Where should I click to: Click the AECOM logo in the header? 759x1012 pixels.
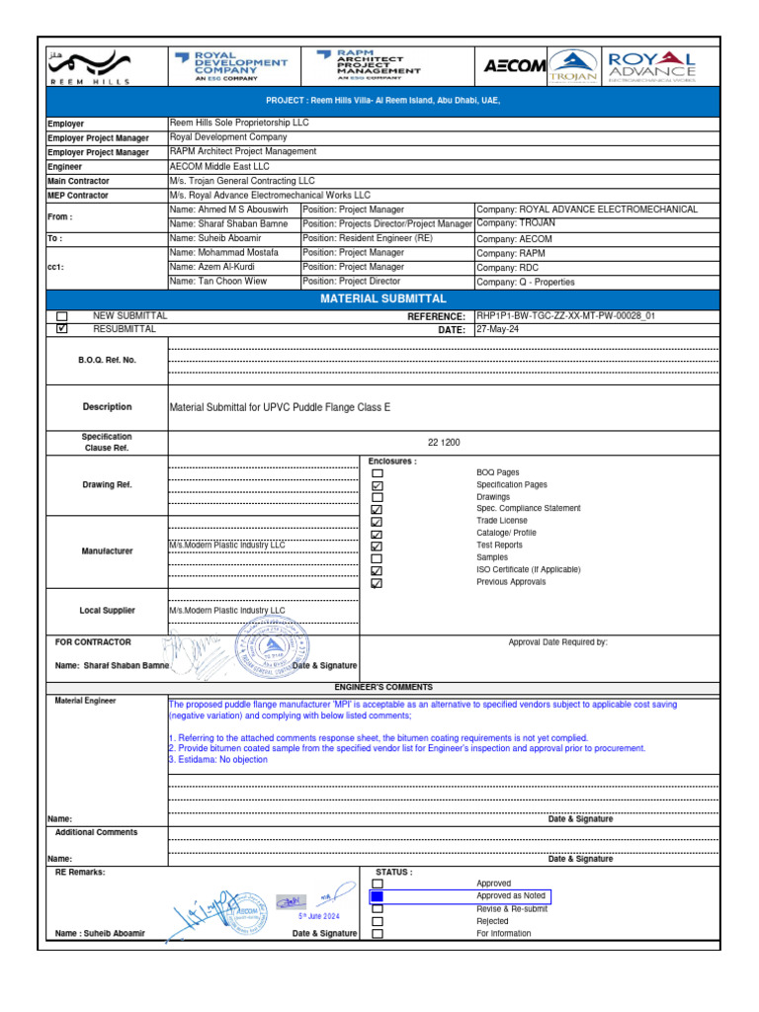point(514,66)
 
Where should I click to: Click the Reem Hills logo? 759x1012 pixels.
point(89,65)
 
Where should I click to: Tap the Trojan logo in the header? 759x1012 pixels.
point(573,65)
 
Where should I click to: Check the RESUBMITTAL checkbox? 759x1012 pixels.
point(62,329)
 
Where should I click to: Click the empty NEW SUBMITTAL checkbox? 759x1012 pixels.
point(62,316)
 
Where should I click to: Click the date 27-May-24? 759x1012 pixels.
point(497,330)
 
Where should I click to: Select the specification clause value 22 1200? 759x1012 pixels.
point(443,443)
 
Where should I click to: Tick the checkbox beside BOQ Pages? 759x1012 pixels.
point(377,473)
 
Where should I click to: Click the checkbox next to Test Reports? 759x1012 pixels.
point(377,546)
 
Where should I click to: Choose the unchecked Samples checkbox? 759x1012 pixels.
point(377,558)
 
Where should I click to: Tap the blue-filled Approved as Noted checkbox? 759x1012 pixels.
point(377,896)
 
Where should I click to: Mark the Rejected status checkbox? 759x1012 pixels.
point(377,921)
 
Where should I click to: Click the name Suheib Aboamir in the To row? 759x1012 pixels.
point(215,238)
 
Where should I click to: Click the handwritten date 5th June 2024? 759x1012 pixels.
point(318,916)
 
